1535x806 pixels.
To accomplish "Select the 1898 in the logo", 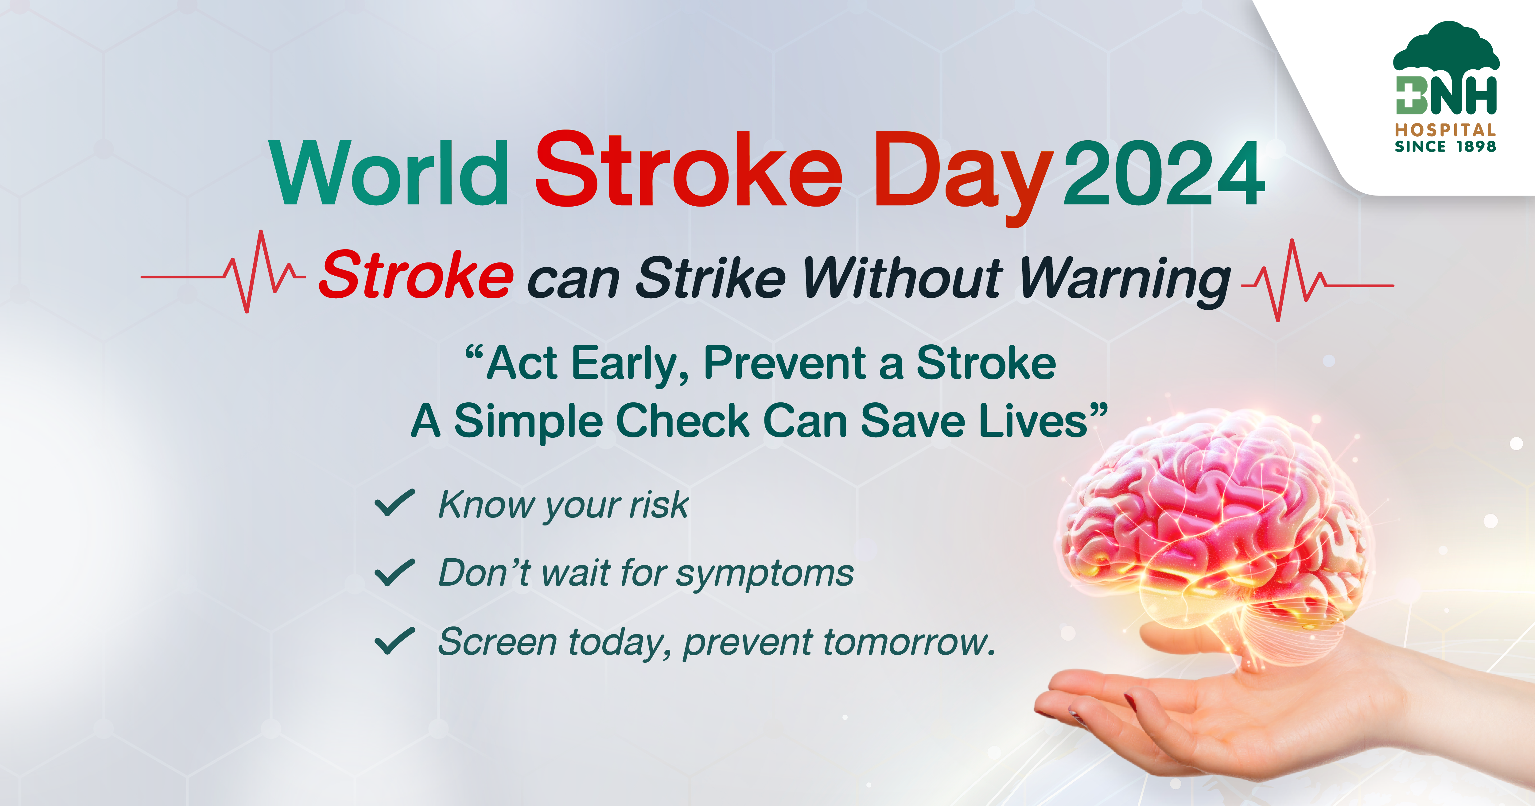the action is [x=1476, y=146].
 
